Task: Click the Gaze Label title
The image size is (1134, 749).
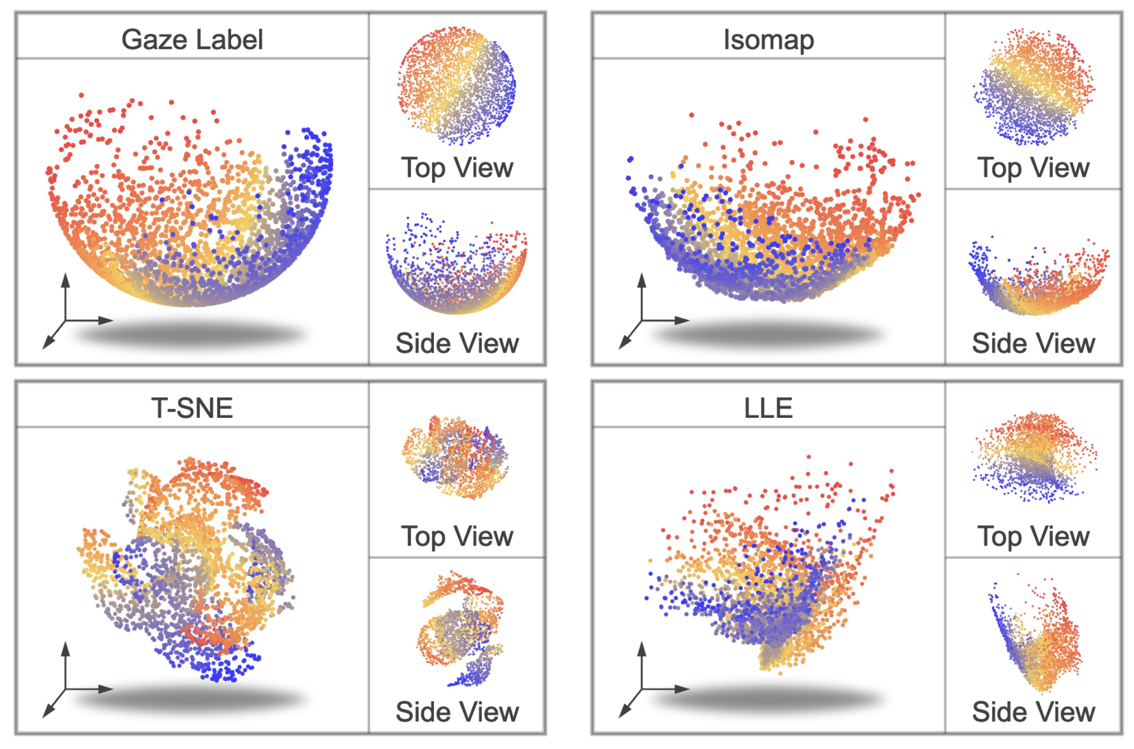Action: tap(192, 39)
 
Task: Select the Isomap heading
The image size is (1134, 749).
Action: tap(769, 39)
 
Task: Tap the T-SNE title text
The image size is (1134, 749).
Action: tap(192, 408)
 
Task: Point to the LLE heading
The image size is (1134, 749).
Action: tap(768, 408)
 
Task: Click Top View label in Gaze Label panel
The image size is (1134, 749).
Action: tap(457, 167)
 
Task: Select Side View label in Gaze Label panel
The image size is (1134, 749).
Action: tap(457, 343)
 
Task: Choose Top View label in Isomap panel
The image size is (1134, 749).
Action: tap(1034, 167)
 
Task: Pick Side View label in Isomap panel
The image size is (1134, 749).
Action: tap(1034, 343)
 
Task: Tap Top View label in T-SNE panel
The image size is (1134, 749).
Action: tap(457, 536)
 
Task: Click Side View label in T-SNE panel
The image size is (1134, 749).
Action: tap(457, 712)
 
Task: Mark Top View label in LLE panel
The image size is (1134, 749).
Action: tap(1034, 536)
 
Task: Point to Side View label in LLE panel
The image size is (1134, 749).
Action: tap(1034, 712)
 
